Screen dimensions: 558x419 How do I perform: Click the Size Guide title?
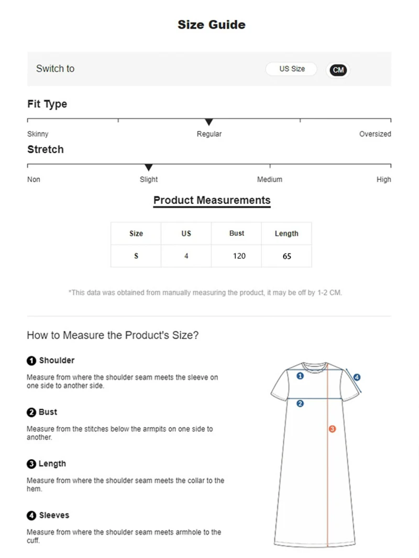click(x=211, y=25)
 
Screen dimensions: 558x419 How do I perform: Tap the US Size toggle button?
click(x=291, y=69)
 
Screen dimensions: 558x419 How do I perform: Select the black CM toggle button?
click(x=338, y=70)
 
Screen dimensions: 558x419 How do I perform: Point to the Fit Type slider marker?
click(x=209, y=122)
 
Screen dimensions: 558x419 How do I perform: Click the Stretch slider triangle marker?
click(x=149, y=168)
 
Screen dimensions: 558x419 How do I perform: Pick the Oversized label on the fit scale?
click(x=375, y=134)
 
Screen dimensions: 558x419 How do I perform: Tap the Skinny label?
click(x=38, y=134)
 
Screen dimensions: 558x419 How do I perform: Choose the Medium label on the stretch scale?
click(x=270, y=180)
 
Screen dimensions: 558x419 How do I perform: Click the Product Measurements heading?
click(x=212, y=200)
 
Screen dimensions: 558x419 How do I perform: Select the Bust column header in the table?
click(x=237, y=233)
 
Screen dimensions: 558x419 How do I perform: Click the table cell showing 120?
click(x=239, y=256)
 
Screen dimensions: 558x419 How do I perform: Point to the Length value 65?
click(x=286, y=256)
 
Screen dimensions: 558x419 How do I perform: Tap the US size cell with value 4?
click(x=186, y=256)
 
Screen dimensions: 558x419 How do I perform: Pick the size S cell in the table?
click(x=136, y=256)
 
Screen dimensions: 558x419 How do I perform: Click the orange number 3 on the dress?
click(x=332, y=429)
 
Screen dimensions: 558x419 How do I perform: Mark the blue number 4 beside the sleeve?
click(x=357, y=377)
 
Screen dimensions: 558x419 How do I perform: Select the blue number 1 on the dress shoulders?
click(x=300, y=375)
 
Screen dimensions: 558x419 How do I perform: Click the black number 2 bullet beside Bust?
click(x=31, y=412)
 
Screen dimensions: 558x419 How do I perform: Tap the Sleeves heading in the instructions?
click(x=54, y=516)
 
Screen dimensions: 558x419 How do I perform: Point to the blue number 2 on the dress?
click(x=300, y=404)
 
